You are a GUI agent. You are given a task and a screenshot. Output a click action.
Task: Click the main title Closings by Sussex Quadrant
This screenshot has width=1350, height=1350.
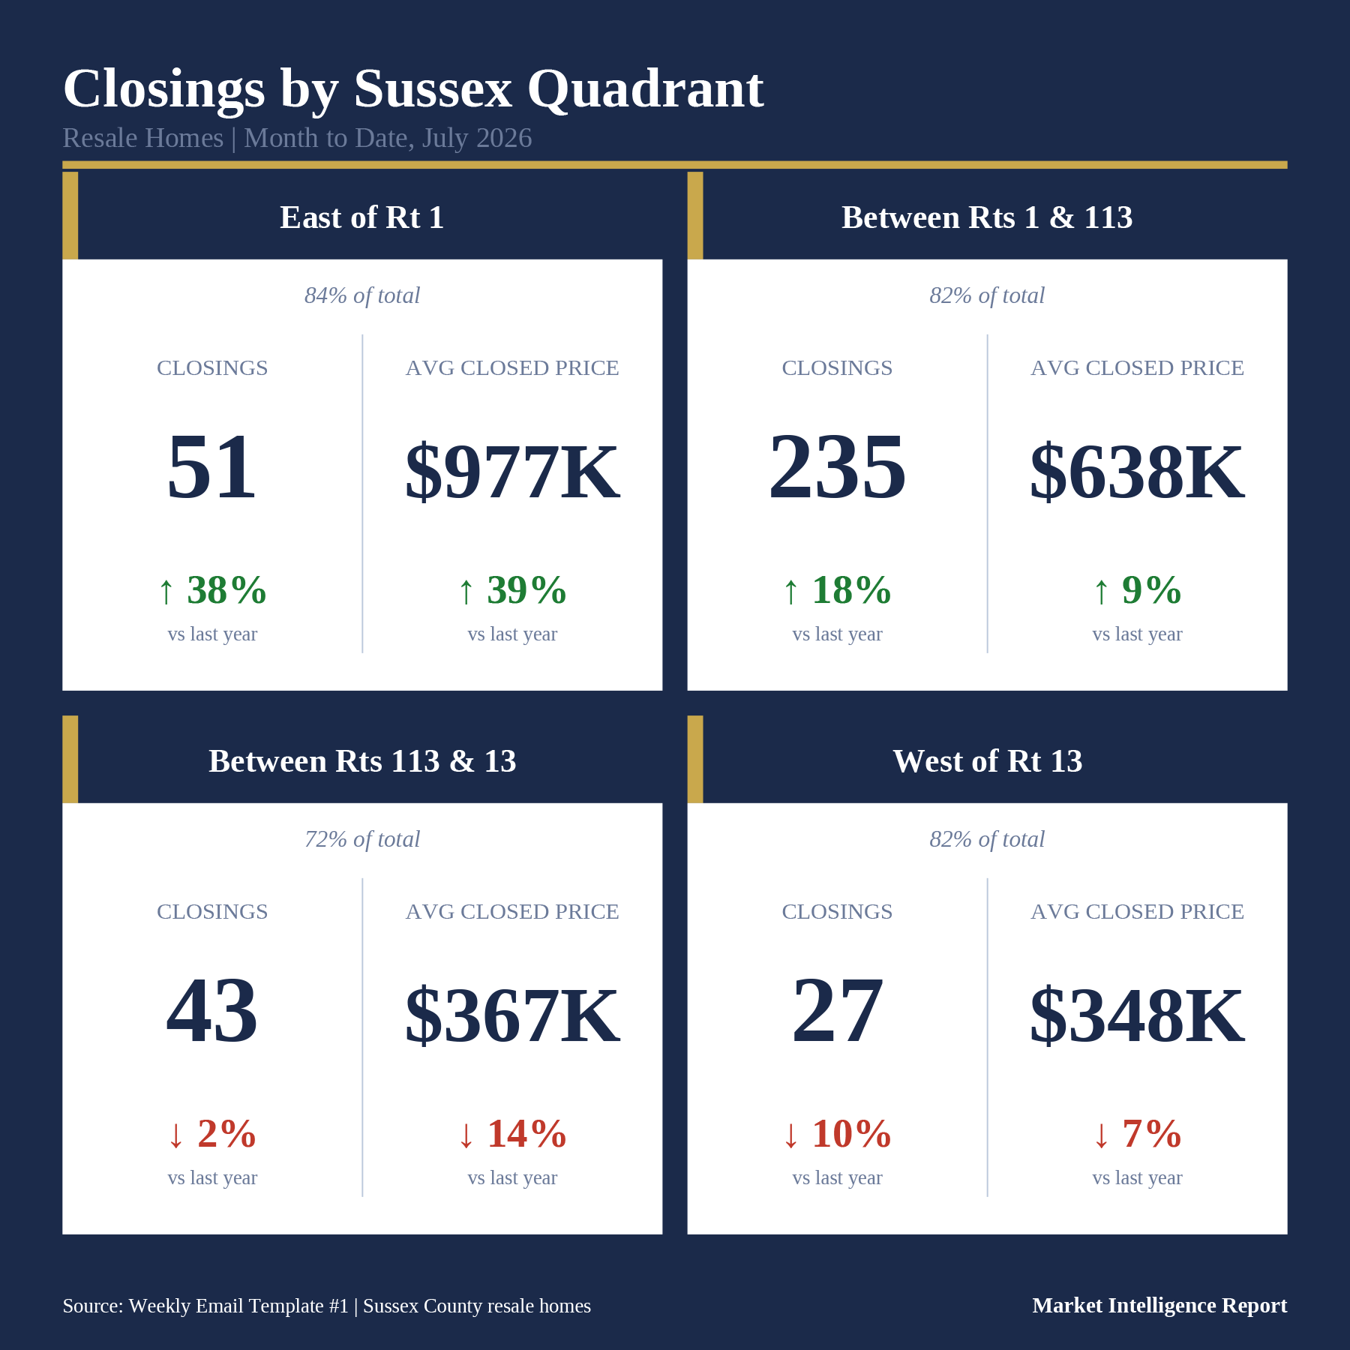click(413, 90)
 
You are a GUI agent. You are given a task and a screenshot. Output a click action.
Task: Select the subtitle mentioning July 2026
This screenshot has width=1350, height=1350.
click(297, 138)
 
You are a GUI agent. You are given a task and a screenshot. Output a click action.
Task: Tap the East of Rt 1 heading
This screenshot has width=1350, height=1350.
click(362, 217)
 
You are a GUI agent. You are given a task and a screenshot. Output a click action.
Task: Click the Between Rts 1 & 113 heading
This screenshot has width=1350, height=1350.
click(987, 217)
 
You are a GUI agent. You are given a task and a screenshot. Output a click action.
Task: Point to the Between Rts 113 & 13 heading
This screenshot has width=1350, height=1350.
click(362, 761)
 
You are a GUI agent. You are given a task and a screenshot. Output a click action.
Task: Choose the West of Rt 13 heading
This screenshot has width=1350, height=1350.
click(987, 761)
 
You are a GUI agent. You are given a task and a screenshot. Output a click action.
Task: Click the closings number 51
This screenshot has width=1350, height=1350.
click(212, 466)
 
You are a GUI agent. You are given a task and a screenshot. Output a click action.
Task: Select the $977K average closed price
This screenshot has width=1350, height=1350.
click(512, 472)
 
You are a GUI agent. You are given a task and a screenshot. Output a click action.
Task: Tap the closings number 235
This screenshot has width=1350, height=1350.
click(837, 466)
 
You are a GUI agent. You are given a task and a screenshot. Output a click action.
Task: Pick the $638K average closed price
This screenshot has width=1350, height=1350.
click(1137, 472)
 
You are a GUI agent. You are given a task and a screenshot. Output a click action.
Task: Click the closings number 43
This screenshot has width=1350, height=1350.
click(212, 1010)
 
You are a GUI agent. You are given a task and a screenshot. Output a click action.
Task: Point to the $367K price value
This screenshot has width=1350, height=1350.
click(512, 1015)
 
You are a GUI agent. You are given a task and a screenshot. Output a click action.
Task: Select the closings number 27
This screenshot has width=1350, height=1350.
click(837, 1010)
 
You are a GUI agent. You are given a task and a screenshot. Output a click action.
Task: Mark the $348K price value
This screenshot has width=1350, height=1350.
click(1137, 1015)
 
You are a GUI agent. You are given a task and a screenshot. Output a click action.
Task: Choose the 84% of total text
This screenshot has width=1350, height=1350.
click(362, 295)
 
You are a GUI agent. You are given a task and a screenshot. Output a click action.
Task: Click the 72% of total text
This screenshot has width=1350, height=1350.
click(362, 839)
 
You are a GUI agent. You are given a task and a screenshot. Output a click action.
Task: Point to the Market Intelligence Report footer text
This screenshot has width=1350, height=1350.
click(1159, 1306)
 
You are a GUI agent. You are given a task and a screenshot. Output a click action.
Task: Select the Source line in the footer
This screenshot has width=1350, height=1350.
click(327, 1306)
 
